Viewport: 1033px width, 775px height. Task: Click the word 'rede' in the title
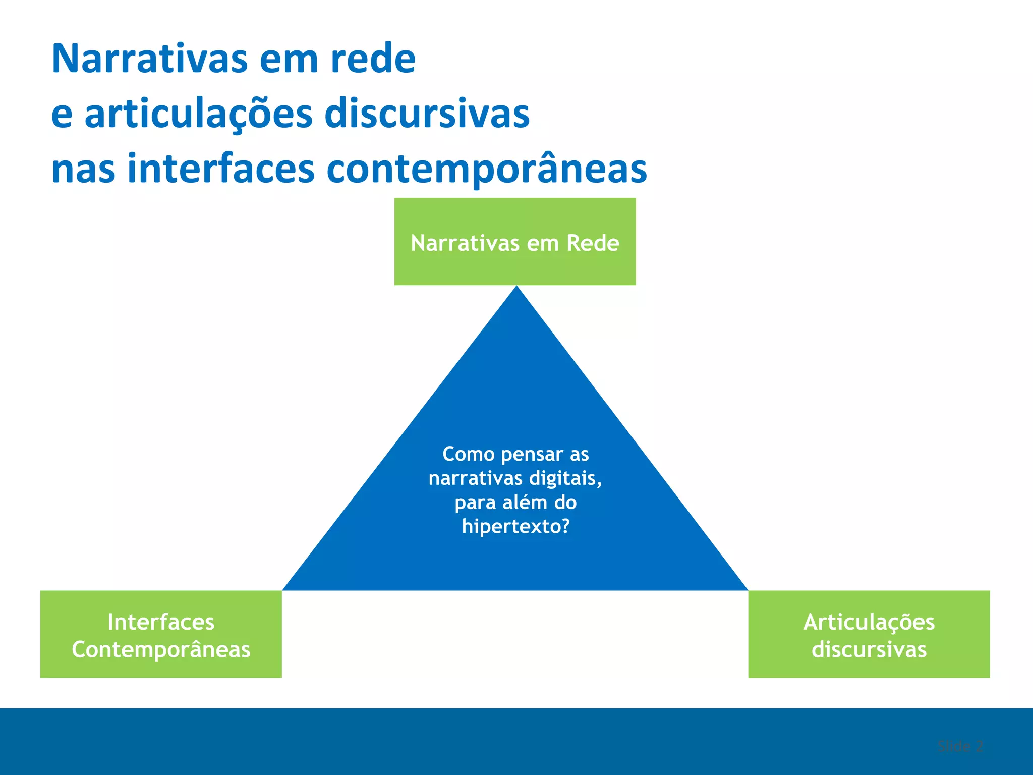click(x=373, y=59)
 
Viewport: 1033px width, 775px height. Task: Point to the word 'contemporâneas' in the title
click(x=487, y=169)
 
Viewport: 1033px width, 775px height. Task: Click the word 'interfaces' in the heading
click(x=221, y=169)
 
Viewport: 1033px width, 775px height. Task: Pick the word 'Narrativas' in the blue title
click(x=150, y=59)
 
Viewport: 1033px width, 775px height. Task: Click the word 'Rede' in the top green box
click(x=593, y=243)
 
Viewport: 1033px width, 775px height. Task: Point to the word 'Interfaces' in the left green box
click(x=161, y=622)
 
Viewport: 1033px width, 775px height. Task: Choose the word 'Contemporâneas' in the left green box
click(x=161, y=650)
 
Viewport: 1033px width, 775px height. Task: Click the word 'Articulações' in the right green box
click(x=869, y=622)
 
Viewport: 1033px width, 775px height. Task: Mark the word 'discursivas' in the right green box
click(x=869, y=649)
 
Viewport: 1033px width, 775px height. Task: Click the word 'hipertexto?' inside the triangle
click(x=515, y=527)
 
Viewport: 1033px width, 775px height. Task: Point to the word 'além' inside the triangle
click(x=521, y=503)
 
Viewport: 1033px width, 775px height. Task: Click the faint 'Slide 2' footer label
click(x=960, y=746)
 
